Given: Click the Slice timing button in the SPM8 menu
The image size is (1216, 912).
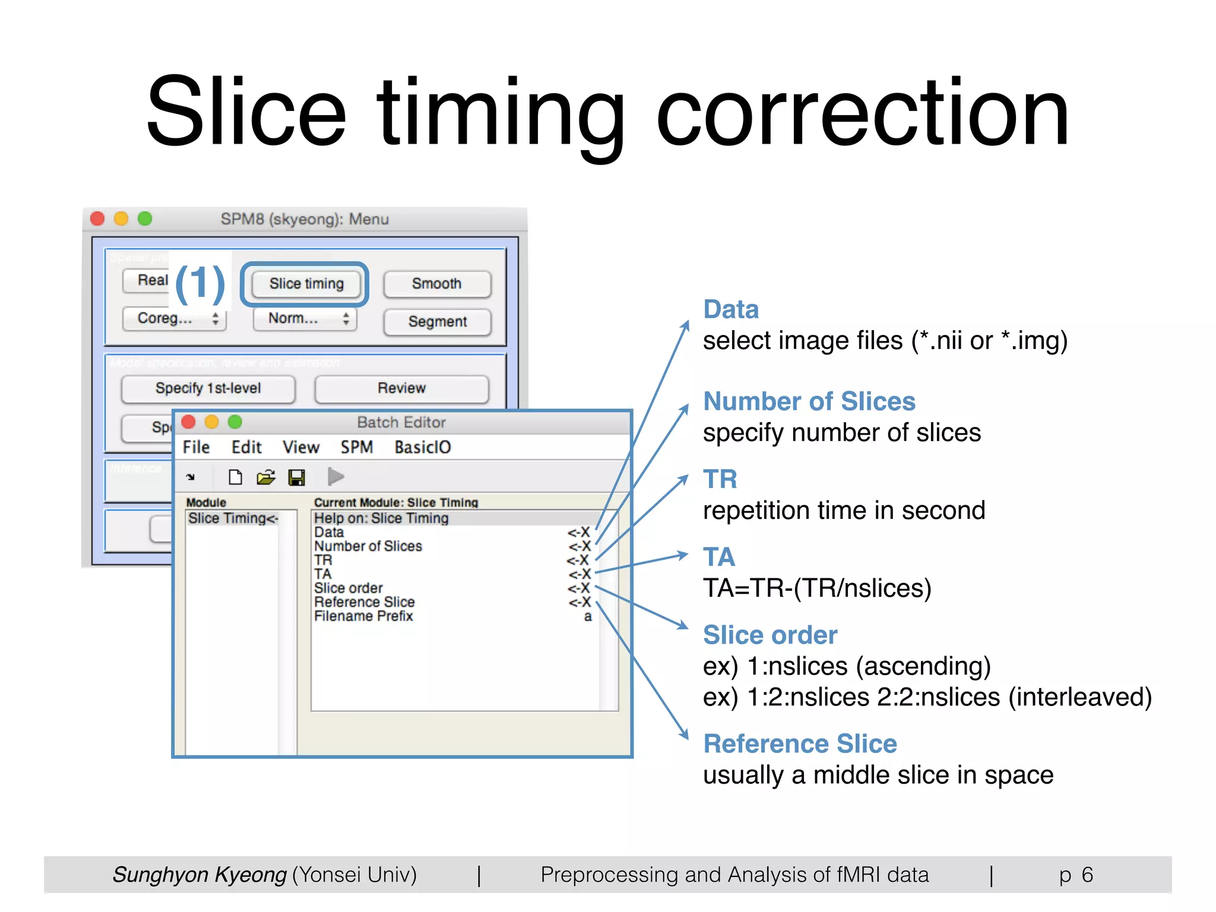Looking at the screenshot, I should coord(306,284).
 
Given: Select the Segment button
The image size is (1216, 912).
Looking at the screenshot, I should coord(437,322).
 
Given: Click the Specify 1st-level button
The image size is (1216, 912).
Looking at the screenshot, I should coord(208,388).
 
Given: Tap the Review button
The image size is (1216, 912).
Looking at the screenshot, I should coord(401,388).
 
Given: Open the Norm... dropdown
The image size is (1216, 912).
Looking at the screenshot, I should coord(305,319).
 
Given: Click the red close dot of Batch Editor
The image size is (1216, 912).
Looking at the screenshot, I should coord(189,422).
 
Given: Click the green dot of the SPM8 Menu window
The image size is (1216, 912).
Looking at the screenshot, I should coord(145,219).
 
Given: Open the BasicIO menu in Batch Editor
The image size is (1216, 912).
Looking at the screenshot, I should coord(422,447).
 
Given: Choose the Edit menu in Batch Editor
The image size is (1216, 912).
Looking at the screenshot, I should coord(246,447).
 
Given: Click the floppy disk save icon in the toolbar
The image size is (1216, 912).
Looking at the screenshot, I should coord(296,477).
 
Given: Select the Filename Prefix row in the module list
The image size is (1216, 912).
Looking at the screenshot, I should coord(363,616).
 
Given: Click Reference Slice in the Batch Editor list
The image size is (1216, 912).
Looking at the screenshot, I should coord(364,602).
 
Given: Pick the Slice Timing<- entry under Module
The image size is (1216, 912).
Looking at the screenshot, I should coord(233,518).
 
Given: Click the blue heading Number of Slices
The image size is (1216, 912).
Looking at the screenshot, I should coord(809,402).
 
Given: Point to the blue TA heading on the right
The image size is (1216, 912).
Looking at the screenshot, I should coord(718,557).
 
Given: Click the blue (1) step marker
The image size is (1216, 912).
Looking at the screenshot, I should coord(200,283).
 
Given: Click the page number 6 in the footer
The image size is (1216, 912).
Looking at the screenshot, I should coord(1087,875).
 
